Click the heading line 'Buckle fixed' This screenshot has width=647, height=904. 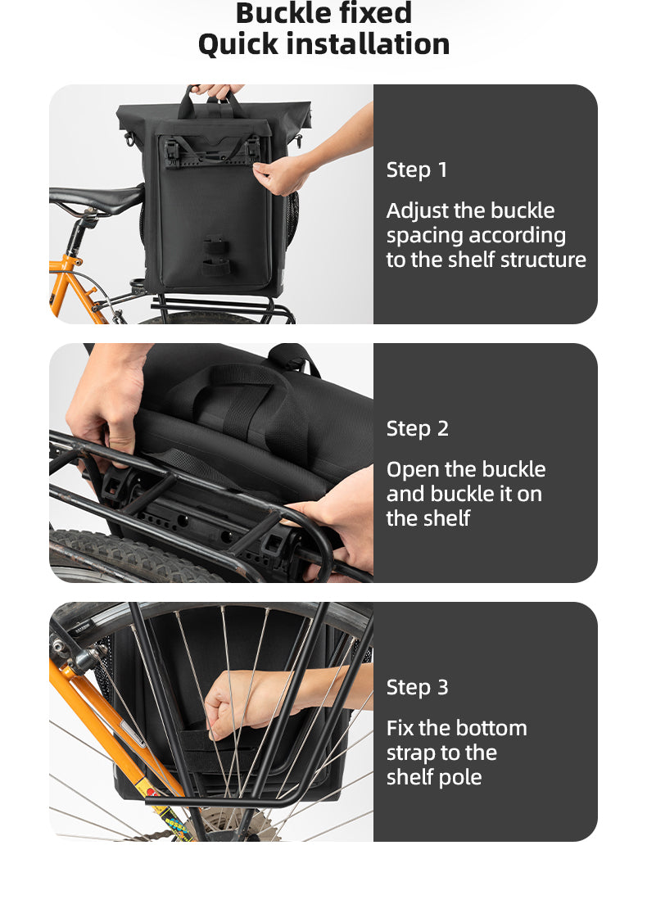point(323,12)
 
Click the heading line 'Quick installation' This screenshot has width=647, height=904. point(323,44)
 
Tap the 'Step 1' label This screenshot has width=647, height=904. point(416,169)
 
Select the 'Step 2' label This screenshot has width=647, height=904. point(417,428)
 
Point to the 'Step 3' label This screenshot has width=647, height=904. point(417,687)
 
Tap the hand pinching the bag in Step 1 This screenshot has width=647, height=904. point(281,175)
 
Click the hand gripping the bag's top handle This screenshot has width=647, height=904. point(217,91)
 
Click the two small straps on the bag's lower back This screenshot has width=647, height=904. point(215,257)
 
